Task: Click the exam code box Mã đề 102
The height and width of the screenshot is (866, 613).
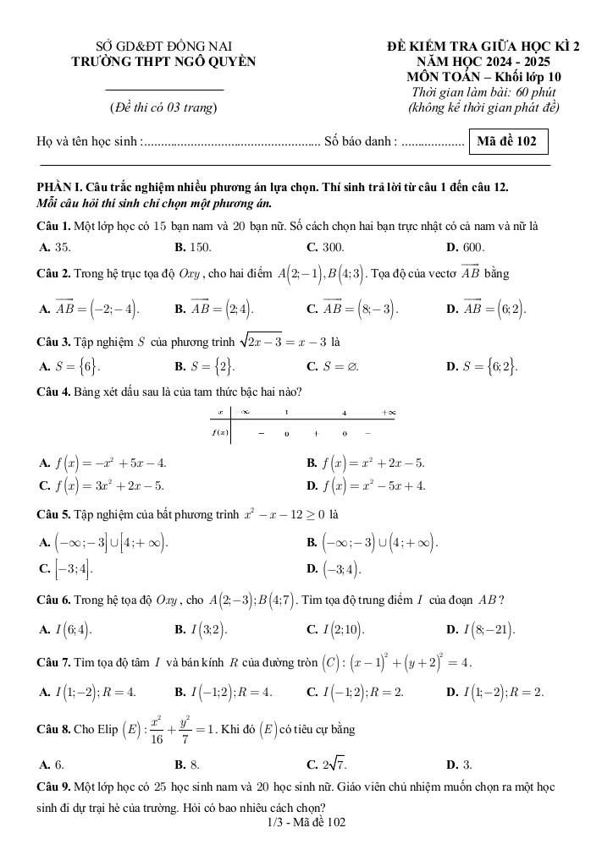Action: [506, 141]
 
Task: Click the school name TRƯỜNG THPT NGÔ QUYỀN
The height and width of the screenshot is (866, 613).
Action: [163, 61]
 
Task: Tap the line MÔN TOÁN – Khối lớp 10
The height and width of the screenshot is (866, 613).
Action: [483, 77]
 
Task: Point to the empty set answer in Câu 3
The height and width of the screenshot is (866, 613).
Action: [333, 367]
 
